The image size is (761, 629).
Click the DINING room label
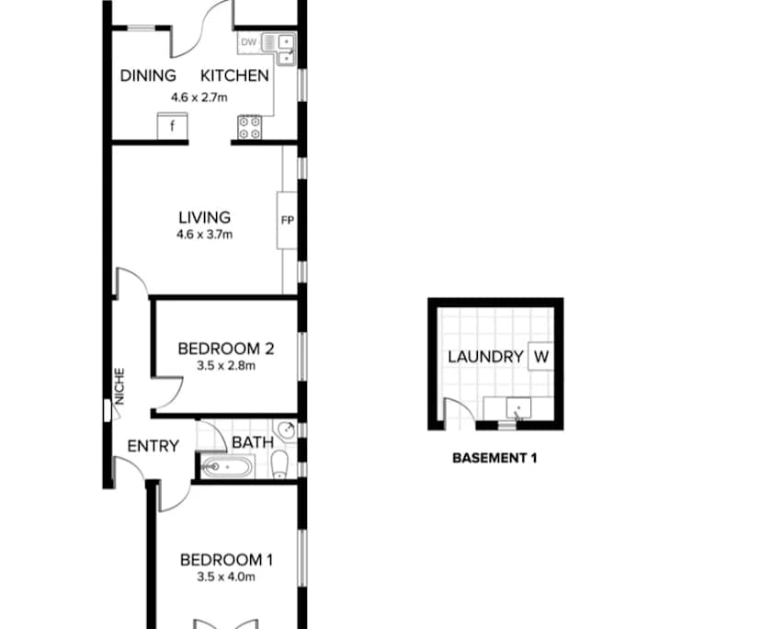click(148, 75)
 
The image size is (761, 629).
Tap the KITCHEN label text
click(235, 75)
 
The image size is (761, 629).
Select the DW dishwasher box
click(248, 42)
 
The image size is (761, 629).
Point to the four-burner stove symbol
click(249, 126)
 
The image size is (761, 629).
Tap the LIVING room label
click(204, 218)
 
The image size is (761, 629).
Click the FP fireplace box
click(287, 221)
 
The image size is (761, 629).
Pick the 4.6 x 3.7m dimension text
click(204, 234)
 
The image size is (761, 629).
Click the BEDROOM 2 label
click(225, 349)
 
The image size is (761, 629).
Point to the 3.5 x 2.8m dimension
click(225, 365)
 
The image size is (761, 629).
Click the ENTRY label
click(153, 446)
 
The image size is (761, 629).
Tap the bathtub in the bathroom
click(226, 466)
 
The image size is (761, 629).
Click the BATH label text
click(252, 442)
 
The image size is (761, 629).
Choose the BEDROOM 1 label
click(226, 559)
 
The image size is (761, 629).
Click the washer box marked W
click(540, 356)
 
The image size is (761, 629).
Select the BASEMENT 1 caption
click(494, 457)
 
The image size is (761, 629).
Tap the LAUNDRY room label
click(485, 356)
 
